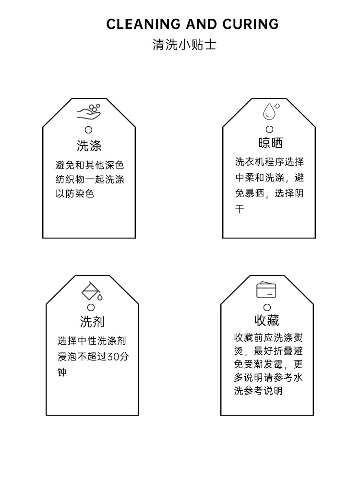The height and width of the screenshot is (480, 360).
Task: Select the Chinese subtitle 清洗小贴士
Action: (x=184, y=45)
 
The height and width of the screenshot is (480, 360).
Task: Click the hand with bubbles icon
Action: (x=89, y=112)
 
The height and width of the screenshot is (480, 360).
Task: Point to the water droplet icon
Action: (x=270, y=111)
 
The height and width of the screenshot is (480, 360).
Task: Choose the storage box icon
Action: (x=266, y=290)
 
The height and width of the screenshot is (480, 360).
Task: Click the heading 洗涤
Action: (x=89, y=145)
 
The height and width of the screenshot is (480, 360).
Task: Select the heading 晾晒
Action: (x=270, y=143)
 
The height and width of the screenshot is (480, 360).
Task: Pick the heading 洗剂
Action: (x=92, y=322)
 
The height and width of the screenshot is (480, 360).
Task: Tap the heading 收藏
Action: (x=266, y=320)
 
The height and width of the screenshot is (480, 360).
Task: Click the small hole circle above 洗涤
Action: (x=88, y=130)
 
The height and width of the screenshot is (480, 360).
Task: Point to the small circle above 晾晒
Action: (x=269, y=129)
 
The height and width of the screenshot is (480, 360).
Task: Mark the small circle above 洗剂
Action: (x=91, y=307)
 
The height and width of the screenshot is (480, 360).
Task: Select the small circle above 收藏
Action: (x=267, y=307)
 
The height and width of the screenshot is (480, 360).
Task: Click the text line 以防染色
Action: (x=75, y=194)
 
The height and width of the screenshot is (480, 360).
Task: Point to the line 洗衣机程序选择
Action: (x=269, y=162)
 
